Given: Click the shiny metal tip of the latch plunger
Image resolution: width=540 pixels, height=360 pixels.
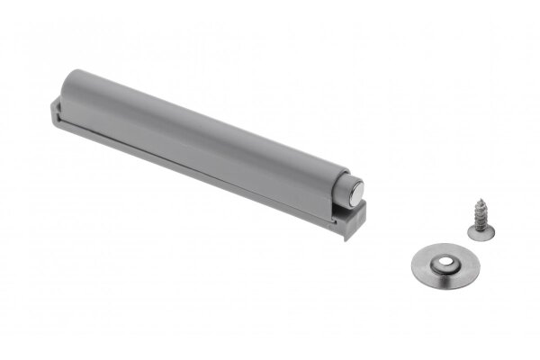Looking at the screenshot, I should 359,189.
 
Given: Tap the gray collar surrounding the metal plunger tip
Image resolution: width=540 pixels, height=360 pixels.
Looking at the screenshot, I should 346,188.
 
